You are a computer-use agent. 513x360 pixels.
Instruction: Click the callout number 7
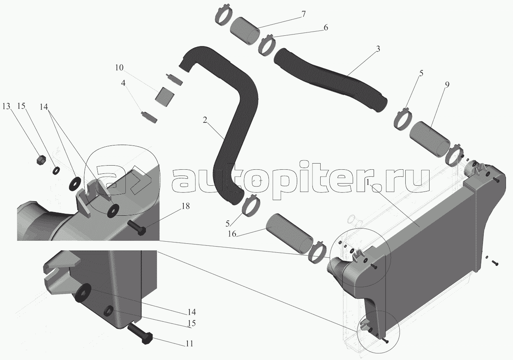tap(303, 14)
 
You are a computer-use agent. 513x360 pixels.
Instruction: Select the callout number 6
tap(326, 28)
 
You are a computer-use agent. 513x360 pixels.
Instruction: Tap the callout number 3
tap(378, 49)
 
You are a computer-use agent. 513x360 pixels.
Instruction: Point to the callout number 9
tap(447, 85)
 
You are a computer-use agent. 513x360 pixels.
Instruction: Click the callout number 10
tap(119, 67)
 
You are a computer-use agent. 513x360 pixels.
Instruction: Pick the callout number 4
tap(123, 83)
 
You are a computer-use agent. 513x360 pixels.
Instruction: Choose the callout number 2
tap(205, 120)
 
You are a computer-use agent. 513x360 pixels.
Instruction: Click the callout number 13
tap(7, 106)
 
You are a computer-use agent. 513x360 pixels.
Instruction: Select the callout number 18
tap(186, 206)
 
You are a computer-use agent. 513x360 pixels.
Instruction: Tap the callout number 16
tap(232, 234)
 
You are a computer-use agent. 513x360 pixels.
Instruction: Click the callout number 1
tap(368, 182)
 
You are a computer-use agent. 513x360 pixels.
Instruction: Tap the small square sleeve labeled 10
tap(164, 97)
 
